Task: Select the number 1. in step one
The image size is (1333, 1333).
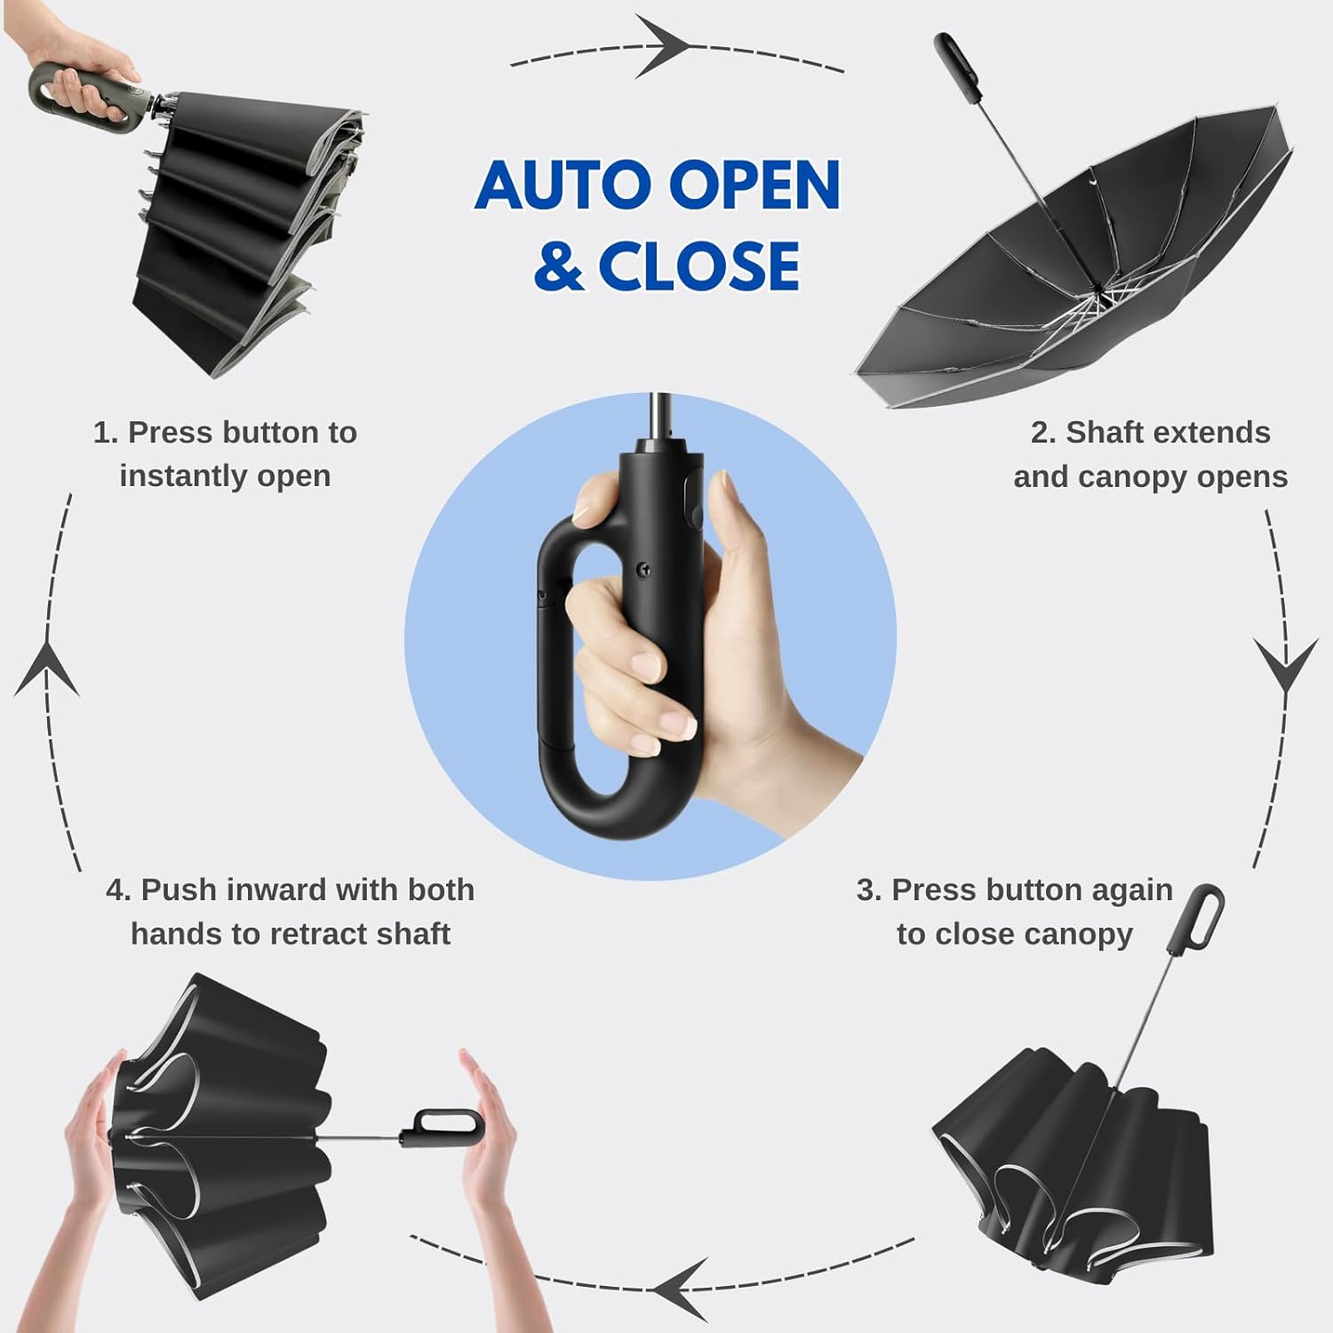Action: point(106,433)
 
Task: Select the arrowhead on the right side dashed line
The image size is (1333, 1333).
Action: point(1285,662)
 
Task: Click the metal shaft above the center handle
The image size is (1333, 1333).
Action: point(659,413)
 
